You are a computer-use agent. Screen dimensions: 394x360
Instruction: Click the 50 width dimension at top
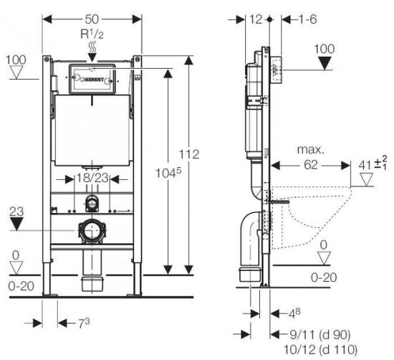tap(92, 19)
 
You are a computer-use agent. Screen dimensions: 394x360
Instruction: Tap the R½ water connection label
tap(92, 34)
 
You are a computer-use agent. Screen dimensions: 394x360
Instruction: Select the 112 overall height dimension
tap(189, 154)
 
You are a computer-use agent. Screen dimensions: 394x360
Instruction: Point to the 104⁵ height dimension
tap(168, 173)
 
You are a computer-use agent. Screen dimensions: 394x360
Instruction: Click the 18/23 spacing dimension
tap(92, 178)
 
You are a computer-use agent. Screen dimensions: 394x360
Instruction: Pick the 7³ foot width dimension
tap(84, 323)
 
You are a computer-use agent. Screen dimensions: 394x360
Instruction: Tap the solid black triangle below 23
tap(16, 224)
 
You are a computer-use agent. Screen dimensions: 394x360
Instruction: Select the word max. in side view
tap(311, 150)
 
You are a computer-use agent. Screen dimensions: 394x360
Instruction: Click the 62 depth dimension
tap(311, 165)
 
